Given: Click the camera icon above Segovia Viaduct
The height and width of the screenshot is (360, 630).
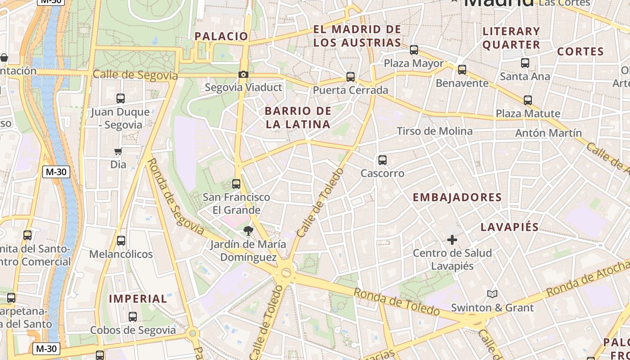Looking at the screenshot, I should click(x=243, y=74).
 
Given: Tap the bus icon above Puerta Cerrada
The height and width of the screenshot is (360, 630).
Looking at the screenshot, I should click(x=351, y=77).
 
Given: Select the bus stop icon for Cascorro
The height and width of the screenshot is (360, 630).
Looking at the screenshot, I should click(x=382, y=160).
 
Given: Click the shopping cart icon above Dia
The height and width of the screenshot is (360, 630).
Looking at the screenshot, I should click(x=118, y=151).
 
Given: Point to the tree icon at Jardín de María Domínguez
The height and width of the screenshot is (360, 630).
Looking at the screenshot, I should click(x=248, y=231).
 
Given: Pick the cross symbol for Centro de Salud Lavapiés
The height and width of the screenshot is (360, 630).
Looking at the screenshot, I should click(x=452, y=240).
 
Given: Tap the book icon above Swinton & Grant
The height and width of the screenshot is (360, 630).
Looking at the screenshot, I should click(x=492, y=294).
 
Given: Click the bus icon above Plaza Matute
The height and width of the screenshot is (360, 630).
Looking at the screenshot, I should click(x=528, y=100).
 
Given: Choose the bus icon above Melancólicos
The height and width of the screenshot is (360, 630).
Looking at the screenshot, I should click(x=121, y=241).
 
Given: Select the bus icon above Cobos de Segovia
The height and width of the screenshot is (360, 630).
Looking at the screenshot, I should click(x=133, y=317).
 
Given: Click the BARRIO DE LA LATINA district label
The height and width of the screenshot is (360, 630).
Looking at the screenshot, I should click(x=298, y=117).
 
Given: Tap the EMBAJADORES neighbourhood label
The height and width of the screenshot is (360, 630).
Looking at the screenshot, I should click(x=457, y=197).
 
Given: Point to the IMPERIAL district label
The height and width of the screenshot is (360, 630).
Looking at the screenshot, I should click(x=138, y=298).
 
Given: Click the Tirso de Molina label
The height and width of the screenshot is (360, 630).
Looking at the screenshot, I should click(x=435, y=131).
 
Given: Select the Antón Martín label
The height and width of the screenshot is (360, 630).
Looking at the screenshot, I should click(x=549, y=133).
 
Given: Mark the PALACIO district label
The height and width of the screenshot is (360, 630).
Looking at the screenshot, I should click(x=221, y=36).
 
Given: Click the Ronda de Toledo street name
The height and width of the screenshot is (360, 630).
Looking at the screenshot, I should click(x=396, y=301).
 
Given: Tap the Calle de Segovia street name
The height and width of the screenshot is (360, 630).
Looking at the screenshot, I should click(x=135, y=75).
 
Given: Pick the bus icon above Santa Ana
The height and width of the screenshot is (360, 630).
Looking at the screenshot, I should click(x=525, y=63).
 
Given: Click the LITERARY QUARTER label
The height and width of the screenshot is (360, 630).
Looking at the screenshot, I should click(x=511, y=38).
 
